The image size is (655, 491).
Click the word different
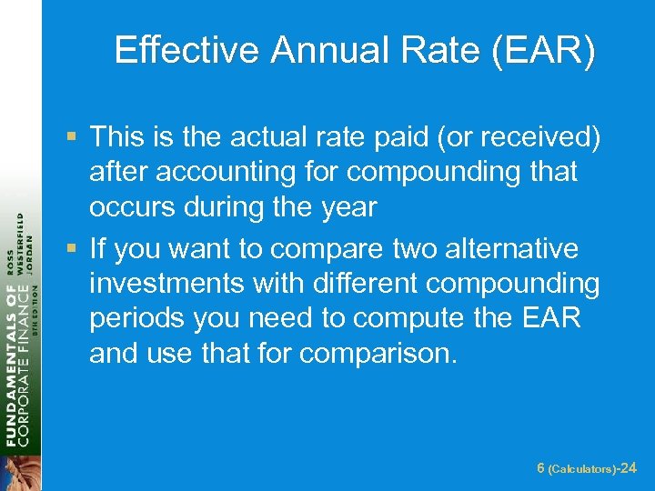tap(359, 284)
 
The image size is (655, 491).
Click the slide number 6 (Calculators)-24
tap(587, 468)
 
